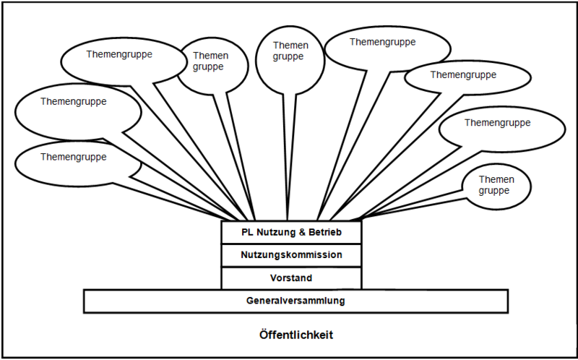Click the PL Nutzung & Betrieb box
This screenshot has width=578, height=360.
pos(290,233)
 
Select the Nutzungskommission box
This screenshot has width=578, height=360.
pos(290,255)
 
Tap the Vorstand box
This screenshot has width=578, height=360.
pos(290,278)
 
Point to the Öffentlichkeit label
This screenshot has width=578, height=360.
pos(296,335)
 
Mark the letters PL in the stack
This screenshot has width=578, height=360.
pos(248,233)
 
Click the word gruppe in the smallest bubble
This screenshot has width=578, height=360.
pos(494,191)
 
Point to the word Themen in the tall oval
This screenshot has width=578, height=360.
pos(290,45)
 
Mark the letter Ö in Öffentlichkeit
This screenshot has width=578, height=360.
pos(264,335)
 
